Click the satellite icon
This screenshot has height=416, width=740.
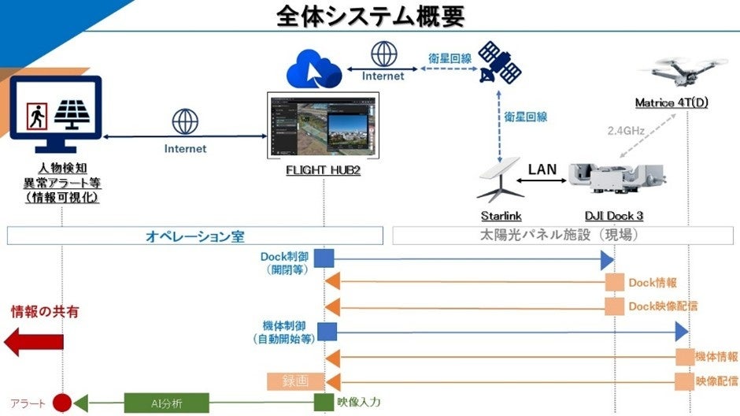click(499, 63)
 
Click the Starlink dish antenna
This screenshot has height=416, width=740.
click(501, 180)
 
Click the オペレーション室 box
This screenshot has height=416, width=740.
click(194, 236)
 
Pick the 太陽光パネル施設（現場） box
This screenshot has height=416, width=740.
click(562, 236)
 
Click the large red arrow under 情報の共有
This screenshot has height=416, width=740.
click(33, 343)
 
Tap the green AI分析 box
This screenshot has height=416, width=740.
click(167, 403)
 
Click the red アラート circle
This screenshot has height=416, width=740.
click(62, 403)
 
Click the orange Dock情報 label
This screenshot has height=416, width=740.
click(652, 283)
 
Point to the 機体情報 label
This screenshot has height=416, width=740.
click(716, 357)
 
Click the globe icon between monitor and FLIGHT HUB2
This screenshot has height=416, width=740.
click(185, 122)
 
